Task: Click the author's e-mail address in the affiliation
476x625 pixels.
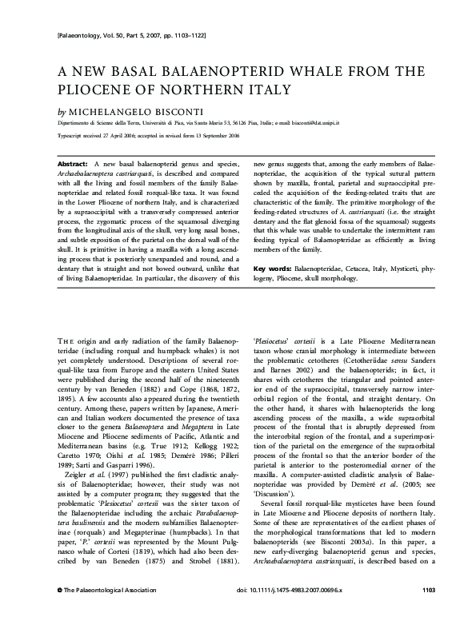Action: (x=309, y=124)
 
